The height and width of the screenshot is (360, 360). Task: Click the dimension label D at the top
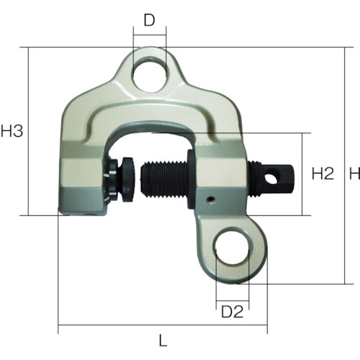tap(149, 20)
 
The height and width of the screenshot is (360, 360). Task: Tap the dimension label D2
tap(232, 312)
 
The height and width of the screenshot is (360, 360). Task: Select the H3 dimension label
tap(12, 131)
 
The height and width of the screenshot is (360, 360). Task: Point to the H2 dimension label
tap(323, 174)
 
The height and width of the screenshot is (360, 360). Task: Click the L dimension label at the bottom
tap(163, 341)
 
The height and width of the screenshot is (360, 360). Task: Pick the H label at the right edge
tap(354, 174)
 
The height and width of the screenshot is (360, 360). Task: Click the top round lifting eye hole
tap(150, 74)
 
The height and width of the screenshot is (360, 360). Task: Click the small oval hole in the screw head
tap(271, 178)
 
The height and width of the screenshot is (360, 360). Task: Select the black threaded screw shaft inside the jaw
tap(164, 179)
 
